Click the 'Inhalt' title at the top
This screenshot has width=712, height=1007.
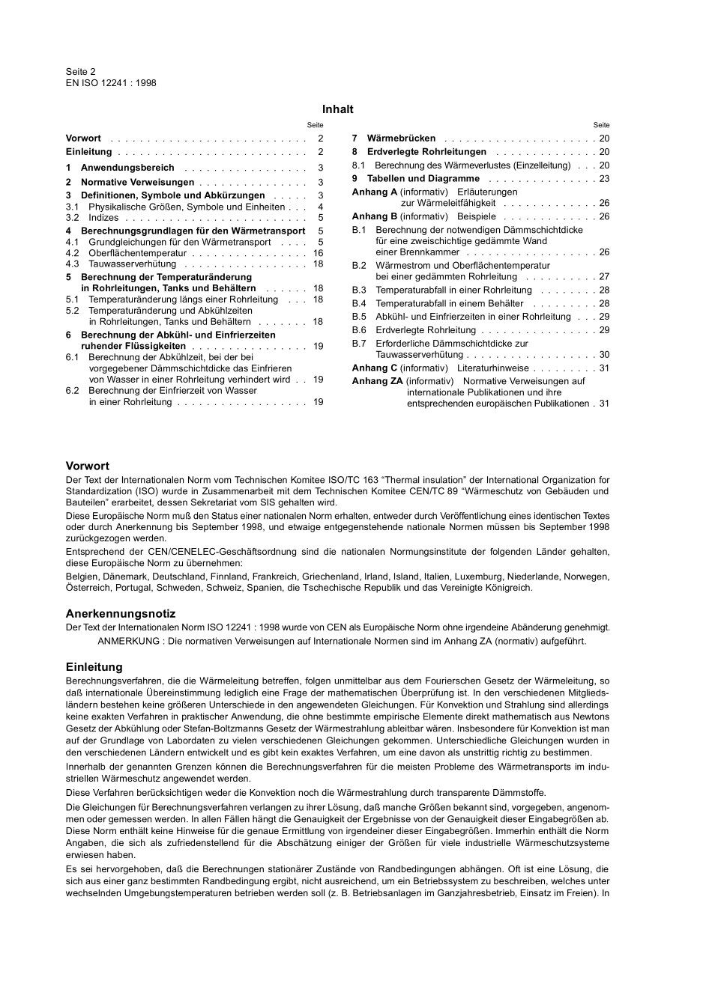click(x=337, y=109)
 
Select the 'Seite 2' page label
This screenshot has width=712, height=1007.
click(x=81, y=72)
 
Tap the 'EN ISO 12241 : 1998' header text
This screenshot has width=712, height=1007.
click(x=111, y=83)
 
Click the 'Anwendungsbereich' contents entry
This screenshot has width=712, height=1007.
click(x=127, y=168)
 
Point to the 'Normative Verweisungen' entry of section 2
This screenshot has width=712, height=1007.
click(x=137, y=182)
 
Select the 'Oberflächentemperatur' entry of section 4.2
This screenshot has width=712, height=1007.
click(x=137, y=253)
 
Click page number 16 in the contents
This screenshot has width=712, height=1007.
click(x=318, y=253)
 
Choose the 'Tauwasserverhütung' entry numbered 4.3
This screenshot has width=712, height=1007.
click(x=132, y=264)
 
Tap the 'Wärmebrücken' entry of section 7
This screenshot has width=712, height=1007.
click(x=401, y=139)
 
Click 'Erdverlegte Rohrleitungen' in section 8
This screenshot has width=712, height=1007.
click(x=426, y=152)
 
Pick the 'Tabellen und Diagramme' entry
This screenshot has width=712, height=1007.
click(x=423, y=179)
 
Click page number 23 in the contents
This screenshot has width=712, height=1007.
click(x=604, y=179)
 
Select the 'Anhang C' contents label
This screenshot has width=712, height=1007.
click(x=375, y=368)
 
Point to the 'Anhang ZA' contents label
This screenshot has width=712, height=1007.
click(x=377, y=381)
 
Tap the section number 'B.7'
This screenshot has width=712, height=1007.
click(x=359, y=344)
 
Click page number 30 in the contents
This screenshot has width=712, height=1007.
click(x=604, y=355)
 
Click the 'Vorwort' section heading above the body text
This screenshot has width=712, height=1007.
click(x=88, y=466)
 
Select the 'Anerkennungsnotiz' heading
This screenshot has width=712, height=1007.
click(x=121, y=613)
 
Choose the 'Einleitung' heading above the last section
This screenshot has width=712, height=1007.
click(x=94, y=666)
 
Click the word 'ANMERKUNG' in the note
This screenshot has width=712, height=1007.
click(x=128, y=641)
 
